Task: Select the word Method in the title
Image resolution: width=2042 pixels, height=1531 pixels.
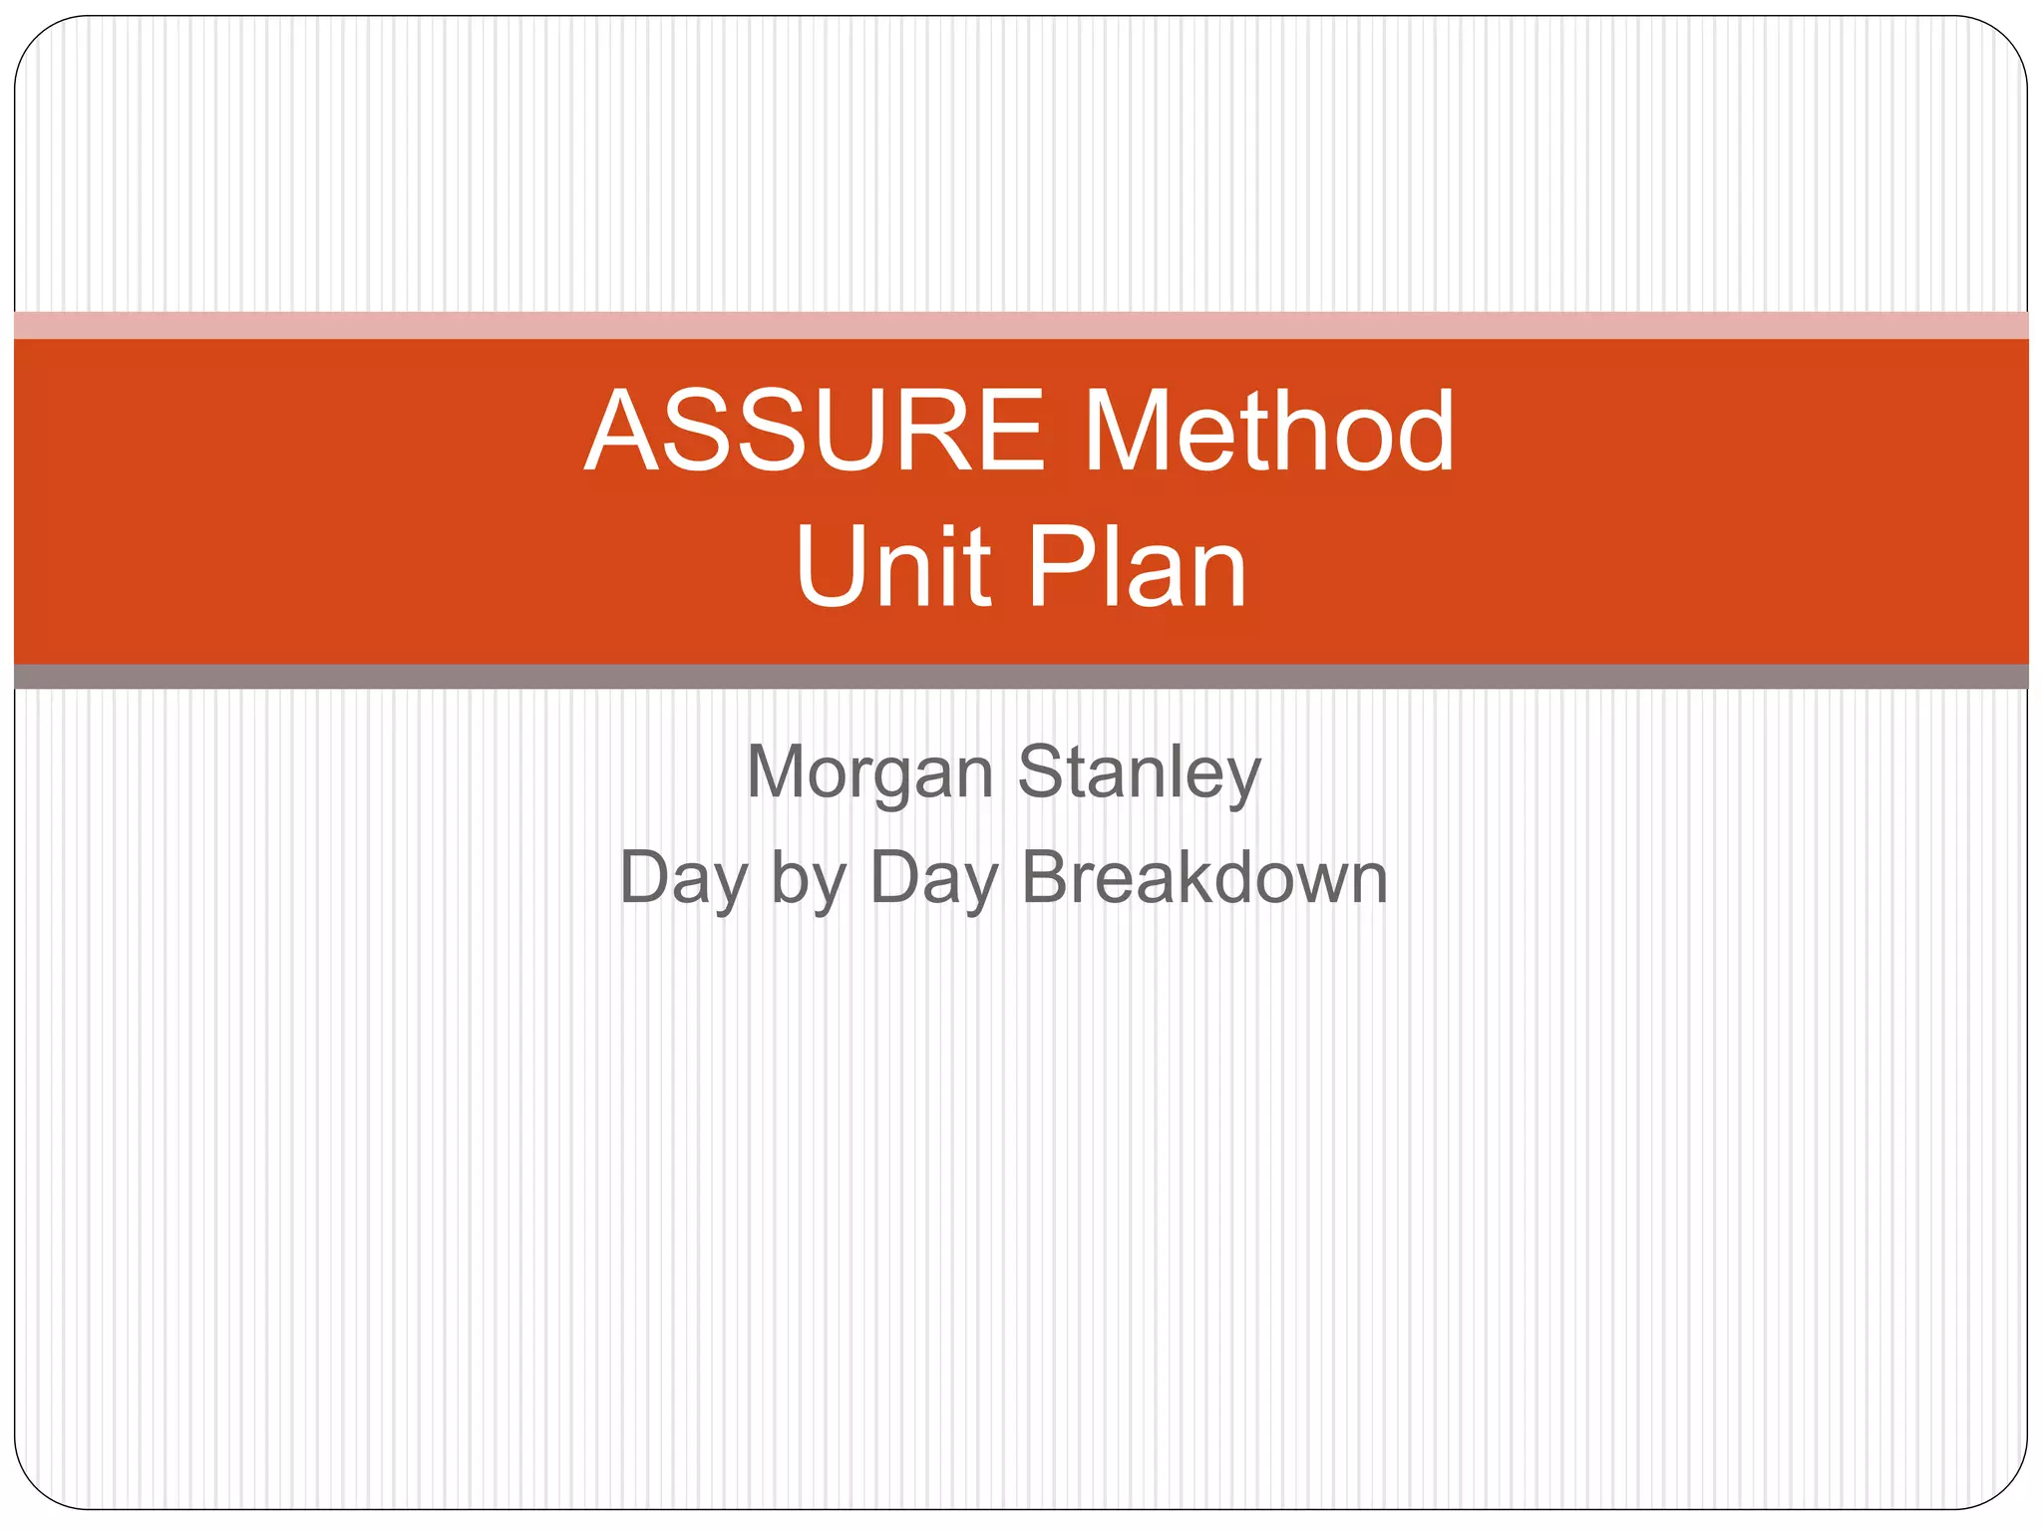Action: click(1268, 431)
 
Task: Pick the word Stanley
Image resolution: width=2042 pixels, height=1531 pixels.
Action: click(1139, 773)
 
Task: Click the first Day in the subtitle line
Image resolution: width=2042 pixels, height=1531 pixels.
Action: click(683, 879)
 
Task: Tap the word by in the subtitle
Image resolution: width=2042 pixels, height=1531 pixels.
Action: click(809, 879)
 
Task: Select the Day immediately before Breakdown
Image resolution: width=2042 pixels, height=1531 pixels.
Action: click(933, 879)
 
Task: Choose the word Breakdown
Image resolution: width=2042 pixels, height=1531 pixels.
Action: click(1204, 879)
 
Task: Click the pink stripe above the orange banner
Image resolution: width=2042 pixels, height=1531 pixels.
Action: click(1021, 325)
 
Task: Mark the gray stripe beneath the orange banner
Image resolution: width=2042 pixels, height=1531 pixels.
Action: click(1021, 677)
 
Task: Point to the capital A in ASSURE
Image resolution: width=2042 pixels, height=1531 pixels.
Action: click(623, 431)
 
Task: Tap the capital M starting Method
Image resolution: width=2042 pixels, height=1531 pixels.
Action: click(1125, 431)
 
